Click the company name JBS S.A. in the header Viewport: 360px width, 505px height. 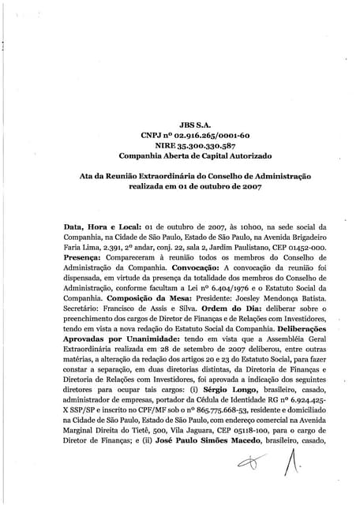(x=180, y=125)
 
